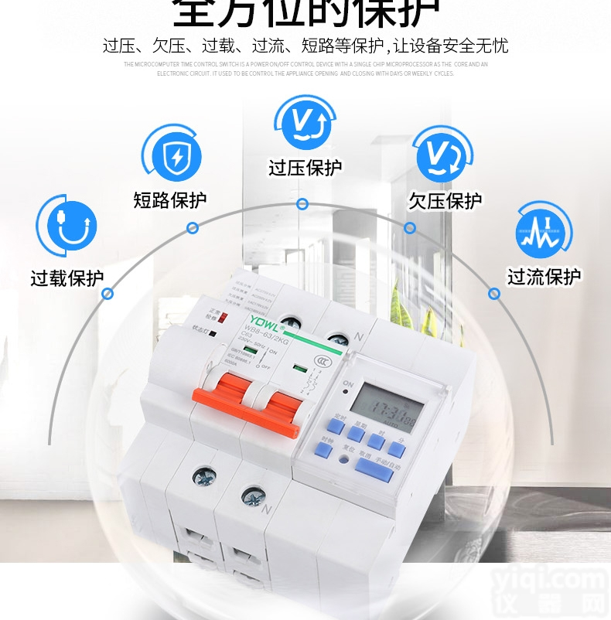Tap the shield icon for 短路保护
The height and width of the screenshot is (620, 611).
pyautogui.click(x=171, y=153)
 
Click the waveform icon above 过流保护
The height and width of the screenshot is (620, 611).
pyautogui.click(x=544, y=229)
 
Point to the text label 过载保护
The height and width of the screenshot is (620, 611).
pyautogui.click(x=67, y=278)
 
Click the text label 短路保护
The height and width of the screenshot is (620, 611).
pyautogui.click(x=170, y=201)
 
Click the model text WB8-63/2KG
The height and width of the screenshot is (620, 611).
pyautogui.click(x=270, y=333)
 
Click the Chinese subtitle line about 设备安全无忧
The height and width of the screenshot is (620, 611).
pyautogui.click(x=305, y=46)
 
